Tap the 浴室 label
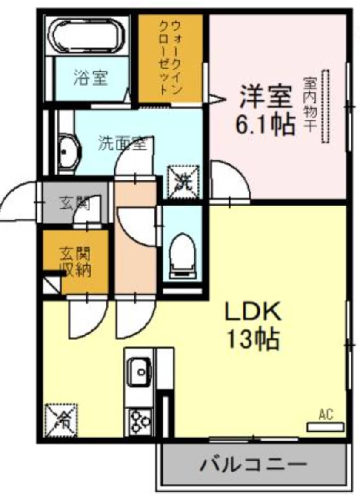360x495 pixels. [x=90, y=78]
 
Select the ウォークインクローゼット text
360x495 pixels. [x=170, y=59]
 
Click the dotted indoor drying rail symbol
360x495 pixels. [x=326, y=106]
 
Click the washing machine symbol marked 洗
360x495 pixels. [x=184, y=181]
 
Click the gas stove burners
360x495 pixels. [x=139, y=421]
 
